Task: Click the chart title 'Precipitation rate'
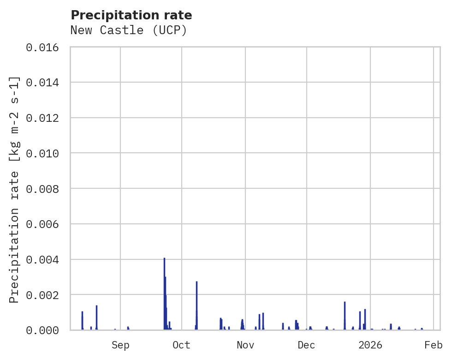(131, 15)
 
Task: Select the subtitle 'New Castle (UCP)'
(129, 30)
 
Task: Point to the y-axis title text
(14, 190)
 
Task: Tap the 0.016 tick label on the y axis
(42, 48)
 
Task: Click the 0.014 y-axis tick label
(42, 83)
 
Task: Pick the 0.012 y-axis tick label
(42, 118)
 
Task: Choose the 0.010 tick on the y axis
(42, 153)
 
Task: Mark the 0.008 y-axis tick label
(42, 189)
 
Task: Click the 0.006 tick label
(42, 224)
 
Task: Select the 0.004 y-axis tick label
(42, 260)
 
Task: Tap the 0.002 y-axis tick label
(42, 295)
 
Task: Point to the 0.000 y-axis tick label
(42, 330)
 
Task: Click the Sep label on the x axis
(120, 345)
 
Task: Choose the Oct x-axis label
(181, 345)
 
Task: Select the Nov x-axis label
(245, 345)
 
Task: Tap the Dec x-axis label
(306, 345)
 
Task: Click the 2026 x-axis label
(370, 345)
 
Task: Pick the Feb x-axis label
(434, 345)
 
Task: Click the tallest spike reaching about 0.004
(164, 277)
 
